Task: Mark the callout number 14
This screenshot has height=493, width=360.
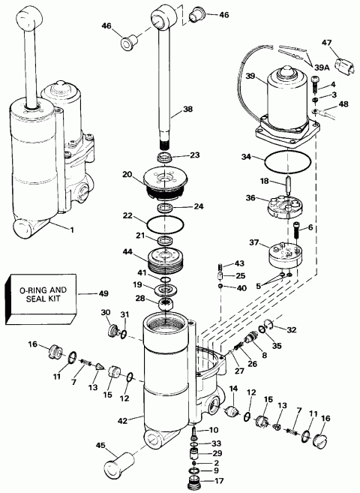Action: [x=233, y=388]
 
